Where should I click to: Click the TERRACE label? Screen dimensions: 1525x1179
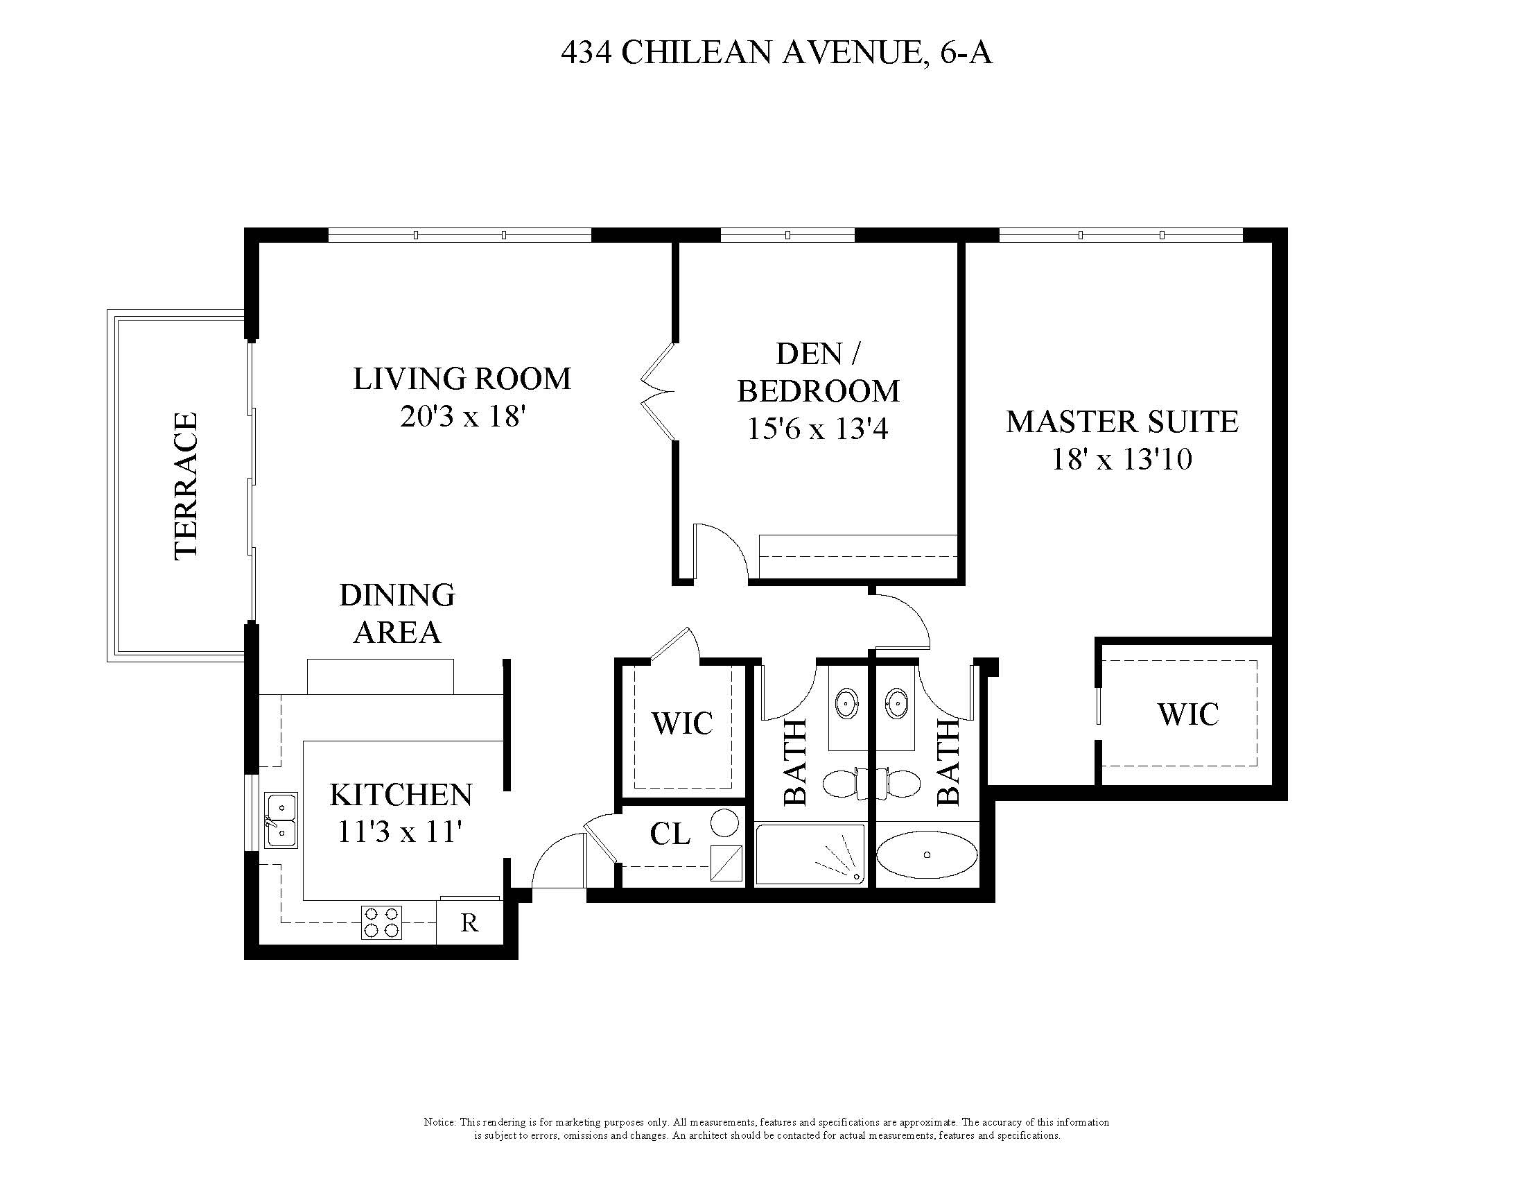186,486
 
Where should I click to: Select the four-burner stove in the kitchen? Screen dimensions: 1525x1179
382,922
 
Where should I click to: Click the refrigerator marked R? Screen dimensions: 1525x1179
469,922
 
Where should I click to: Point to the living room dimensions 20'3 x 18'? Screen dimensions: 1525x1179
462,417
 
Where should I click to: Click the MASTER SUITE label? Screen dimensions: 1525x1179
1122,422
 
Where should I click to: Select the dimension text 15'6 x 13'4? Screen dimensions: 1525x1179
818,428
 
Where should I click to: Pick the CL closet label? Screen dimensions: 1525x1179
670,833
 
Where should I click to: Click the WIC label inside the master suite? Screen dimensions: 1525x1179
1187,714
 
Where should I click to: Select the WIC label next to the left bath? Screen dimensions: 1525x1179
682,723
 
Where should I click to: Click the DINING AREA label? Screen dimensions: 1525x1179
397,614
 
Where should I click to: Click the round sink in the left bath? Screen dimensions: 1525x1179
846,700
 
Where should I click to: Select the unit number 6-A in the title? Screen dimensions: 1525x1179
966,53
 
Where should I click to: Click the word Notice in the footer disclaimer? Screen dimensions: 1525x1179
439,1122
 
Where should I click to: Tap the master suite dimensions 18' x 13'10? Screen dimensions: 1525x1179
1122,460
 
